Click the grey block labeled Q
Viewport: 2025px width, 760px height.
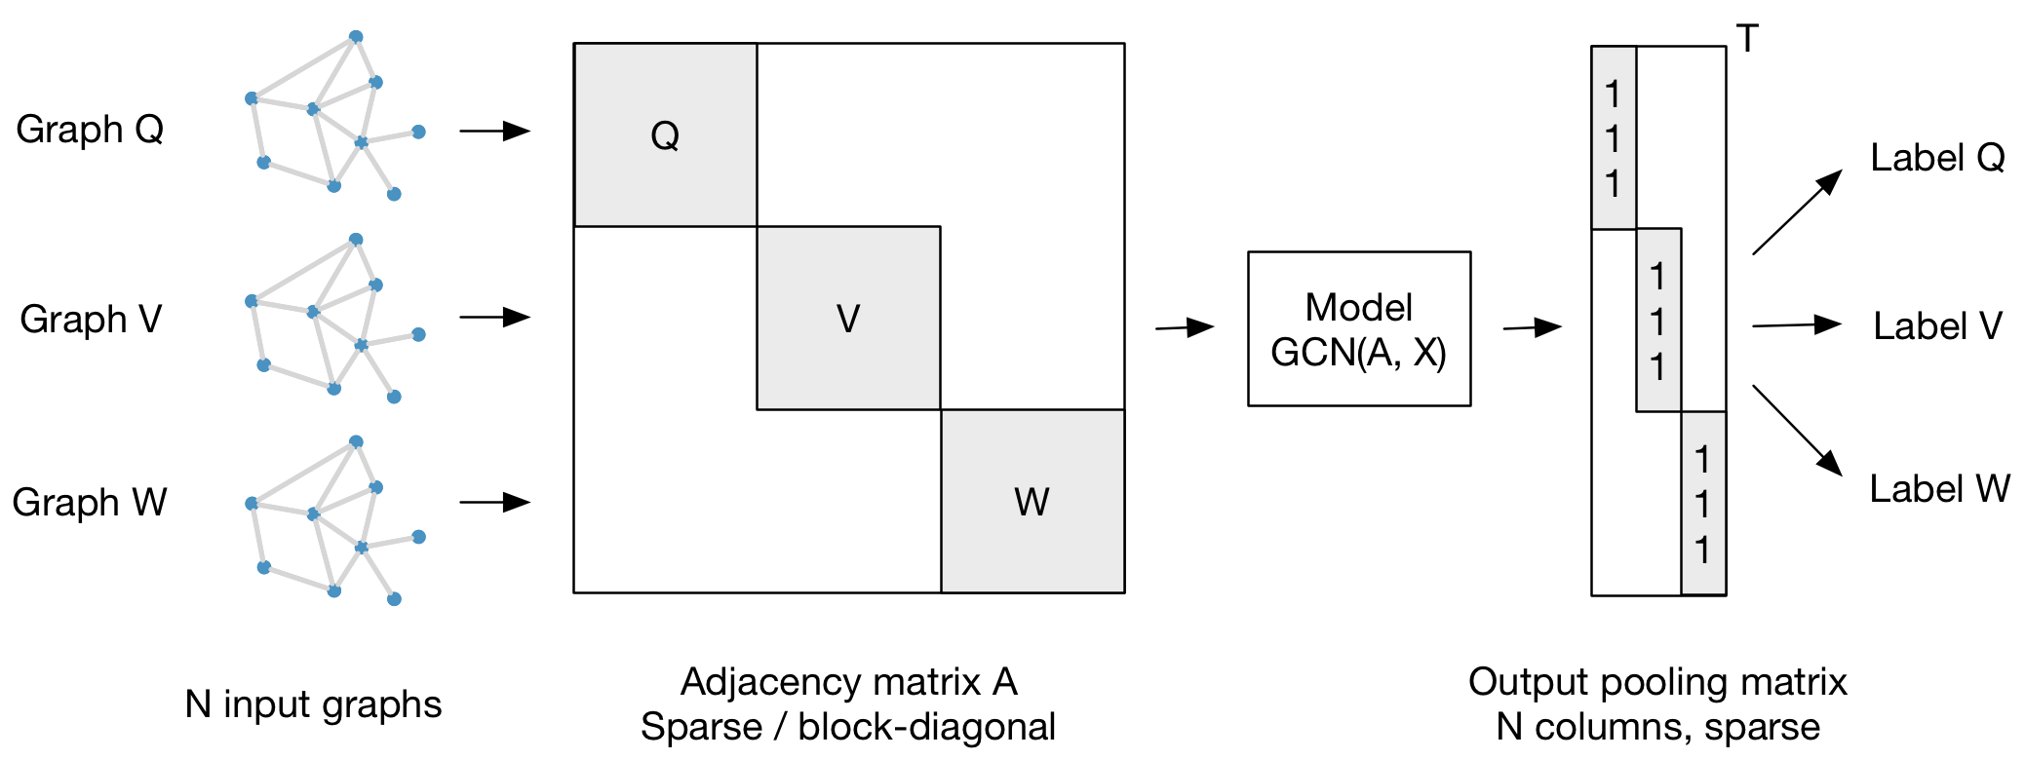pos(665,134)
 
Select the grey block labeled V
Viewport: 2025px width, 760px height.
pos(848,318)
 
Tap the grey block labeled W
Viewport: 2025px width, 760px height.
pos(1032,501)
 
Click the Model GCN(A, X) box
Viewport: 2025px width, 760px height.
pos(1358,328)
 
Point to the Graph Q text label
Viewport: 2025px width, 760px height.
pos(90,129)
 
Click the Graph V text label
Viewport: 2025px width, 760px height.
pos(91,319)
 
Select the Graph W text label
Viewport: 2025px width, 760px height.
pos(90,502)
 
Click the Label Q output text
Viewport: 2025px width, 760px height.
pos(1936,157)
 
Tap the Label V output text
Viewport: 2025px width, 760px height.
pos(1936,325)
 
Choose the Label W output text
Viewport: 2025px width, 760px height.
pos(1938,488)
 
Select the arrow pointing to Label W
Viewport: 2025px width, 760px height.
pos(1796,430)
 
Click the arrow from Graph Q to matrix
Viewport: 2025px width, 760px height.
pos(494,131)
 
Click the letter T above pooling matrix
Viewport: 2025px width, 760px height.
pos(1747,39)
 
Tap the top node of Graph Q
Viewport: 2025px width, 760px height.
pos(356,37)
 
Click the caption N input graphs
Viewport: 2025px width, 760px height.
pos(313,703)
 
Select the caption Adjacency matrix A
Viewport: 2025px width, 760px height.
pos(848,681)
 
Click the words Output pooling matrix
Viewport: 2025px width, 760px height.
pos(1657,681)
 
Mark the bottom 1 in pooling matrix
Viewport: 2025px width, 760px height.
pos(1702,550)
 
